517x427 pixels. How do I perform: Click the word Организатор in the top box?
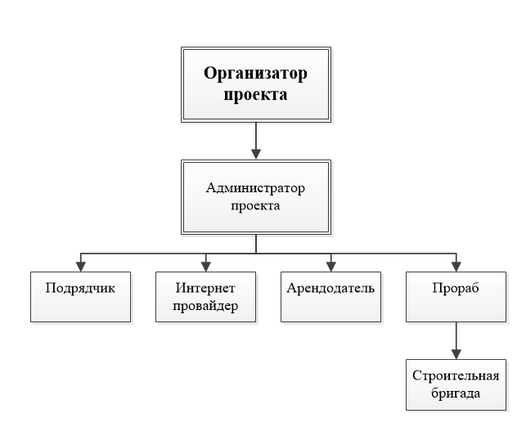click(x=255, y=74)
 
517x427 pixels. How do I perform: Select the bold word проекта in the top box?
click(x=255, y=95)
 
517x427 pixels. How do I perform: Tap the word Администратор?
click(x=255, y=188)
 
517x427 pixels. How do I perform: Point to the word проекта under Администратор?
click(x=255, y=206)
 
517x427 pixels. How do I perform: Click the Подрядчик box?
click(x=81, y=297)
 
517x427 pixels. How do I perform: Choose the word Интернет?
click(x=205, y=288)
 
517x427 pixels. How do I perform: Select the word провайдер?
click(x=205, y=306)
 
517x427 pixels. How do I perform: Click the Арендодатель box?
click(x=330, y=297)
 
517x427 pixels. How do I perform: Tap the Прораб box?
click(x=456, y=297)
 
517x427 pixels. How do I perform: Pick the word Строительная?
click(x=456, y=376)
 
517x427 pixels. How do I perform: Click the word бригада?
click(x=456, y=393)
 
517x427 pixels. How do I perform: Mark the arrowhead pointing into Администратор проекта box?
click(x=256, y=154)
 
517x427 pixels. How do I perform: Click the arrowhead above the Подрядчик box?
click(x=81, y=267)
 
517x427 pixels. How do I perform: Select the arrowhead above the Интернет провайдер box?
click(x=206, y=267)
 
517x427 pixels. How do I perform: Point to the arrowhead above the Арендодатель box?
click(x=331, y=267)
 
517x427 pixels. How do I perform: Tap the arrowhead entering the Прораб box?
click(x=456, y=267)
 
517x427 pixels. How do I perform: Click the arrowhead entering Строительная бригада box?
click(x=456, y=354)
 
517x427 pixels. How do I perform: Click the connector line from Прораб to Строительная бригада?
click(x=456, y=340)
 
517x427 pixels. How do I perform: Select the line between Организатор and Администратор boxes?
click(x=256, y=142)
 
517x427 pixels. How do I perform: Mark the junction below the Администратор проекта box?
click(x=256, y=254)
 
